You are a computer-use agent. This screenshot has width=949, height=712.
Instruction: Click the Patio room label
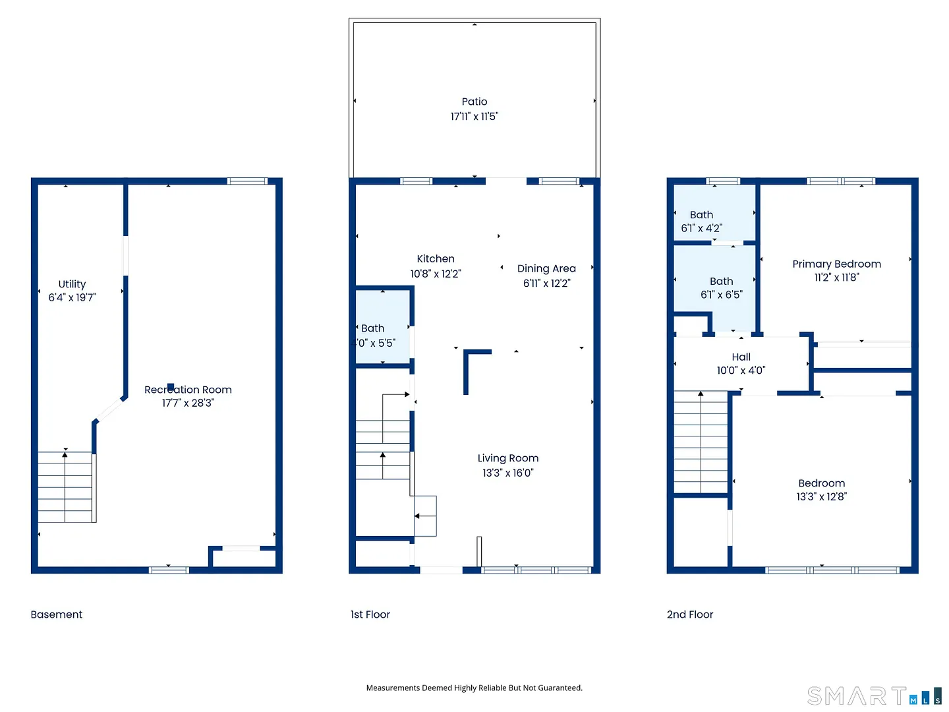(x=474, y=102)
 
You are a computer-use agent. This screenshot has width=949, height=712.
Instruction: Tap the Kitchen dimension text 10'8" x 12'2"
(x=436, y=274)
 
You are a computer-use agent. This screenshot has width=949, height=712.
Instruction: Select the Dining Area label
(x=546, y=268)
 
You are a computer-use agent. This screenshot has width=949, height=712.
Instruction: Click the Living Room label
(x=508, y=458)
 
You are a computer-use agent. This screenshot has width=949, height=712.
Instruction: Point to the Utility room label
(x=72, y=284)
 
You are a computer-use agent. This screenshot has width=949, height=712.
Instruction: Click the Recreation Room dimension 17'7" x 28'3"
(x=188, y=403)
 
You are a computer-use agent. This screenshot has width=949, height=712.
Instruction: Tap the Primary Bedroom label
(x=836, y=264)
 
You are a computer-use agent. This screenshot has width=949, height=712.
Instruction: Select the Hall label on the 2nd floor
(x=741, y=357)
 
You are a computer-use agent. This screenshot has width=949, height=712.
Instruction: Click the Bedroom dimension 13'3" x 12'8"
(x=821, y=496)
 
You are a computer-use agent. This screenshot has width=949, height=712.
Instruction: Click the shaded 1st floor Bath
(x=383, y=327)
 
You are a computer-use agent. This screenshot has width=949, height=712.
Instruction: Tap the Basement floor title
(x=56, y=614)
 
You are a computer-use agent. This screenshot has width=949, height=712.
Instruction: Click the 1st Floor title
(x=370, y=614)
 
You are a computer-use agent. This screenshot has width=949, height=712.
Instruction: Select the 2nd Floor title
(x=689, y=614)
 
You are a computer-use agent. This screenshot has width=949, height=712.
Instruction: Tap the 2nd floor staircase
(x=701, y=442)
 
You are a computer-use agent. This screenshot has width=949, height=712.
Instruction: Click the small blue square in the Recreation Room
(x=171, y=387)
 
